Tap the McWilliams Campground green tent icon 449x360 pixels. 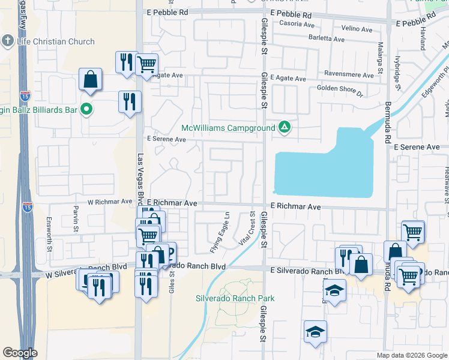tap(285, 127)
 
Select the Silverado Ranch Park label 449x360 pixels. tap(235, 298)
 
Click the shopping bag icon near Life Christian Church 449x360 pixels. tap(90, 79)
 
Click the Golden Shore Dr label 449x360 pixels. tap(340, 91)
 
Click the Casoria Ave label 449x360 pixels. tap(297, 25)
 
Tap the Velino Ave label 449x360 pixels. tap(357, 28)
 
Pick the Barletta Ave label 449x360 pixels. tap(327, 38)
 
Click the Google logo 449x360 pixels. tap(20, 353)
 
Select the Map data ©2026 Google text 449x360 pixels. tap(411, 355)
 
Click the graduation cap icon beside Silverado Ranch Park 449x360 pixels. tap(316, 332)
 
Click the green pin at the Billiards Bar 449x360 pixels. tap(86, 109)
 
